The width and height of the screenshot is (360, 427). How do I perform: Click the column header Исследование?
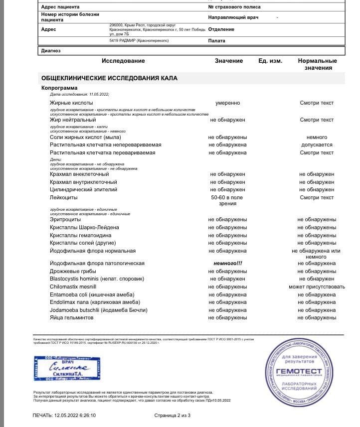click(123, 61)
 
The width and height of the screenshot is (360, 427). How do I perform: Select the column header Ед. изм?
click(270, 61)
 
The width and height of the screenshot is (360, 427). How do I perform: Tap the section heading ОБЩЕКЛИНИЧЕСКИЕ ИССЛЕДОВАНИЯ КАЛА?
click(109, 78)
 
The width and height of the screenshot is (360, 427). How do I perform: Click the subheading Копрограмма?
click(59, 88)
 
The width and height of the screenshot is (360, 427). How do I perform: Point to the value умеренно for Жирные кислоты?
click(227, 103)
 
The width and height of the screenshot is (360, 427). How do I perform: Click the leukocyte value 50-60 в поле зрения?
click(227, 201)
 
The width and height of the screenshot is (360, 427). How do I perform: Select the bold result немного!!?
click(227, 263)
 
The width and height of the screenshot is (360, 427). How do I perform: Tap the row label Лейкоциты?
click(62, 198)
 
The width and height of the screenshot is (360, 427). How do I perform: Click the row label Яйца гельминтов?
click(71, 318)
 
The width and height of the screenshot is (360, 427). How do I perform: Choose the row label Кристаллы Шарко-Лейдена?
click(84, 228)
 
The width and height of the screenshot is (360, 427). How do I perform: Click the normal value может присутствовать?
click(317, 287)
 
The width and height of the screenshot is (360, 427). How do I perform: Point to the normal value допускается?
click(317, 145)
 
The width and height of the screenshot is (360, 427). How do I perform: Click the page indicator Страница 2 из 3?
click(172, 415)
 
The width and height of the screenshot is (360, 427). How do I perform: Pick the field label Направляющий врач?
click(233, 17)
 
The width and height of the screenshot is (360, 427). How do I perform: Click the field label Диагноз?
click(51, 50)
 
